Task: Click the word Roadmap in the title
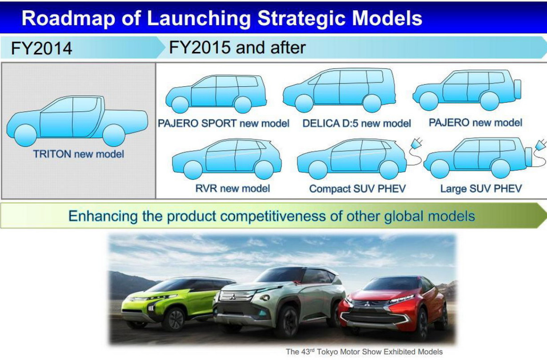pyautogui.click(x=68, y=18)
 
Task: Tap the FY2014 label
pyautogui.click(x=41, y=48)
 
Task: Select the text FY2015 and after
pyautogui.click(x=237, y=47)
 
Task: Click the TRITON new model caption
pyautogui.click(x=79, y=154)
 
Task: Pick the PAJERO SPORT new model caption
pyautogui.click(x=223, y=123)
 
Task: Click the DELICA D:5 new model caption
pyautogui.click(x=357, y=124)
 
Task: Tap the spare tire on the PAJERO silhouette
pyautogui.click(x=518, y=89)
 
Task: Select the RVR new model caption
pyautogui.click(x=233, y=188)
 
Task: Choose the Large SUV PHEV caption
pyautogui.click(x=481, y=188)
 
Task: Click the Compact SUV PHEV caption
pyautogui.click(x=358, y=188)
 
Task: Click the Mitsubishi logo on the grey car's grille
pyautogui.click(x=233, y=297)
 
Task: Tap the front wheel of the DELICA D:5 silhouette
pyautogui.click(x=304, y=104)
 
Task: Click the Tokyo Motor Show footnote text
pyautogui.click(x=364, y=352)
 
